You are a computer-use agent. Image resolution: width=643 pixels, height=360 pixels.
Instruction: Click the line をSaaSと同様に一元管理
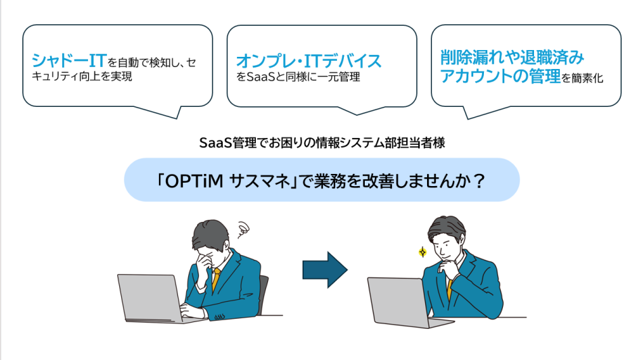(x=298, y=78)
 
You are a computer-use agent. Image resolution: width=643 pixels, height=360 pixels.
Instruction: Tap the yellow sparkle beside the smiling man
(x=422, y=252)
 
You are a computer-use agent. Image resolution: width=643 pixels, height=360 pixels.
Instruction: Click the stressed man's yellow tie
(x=216, y=278)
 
